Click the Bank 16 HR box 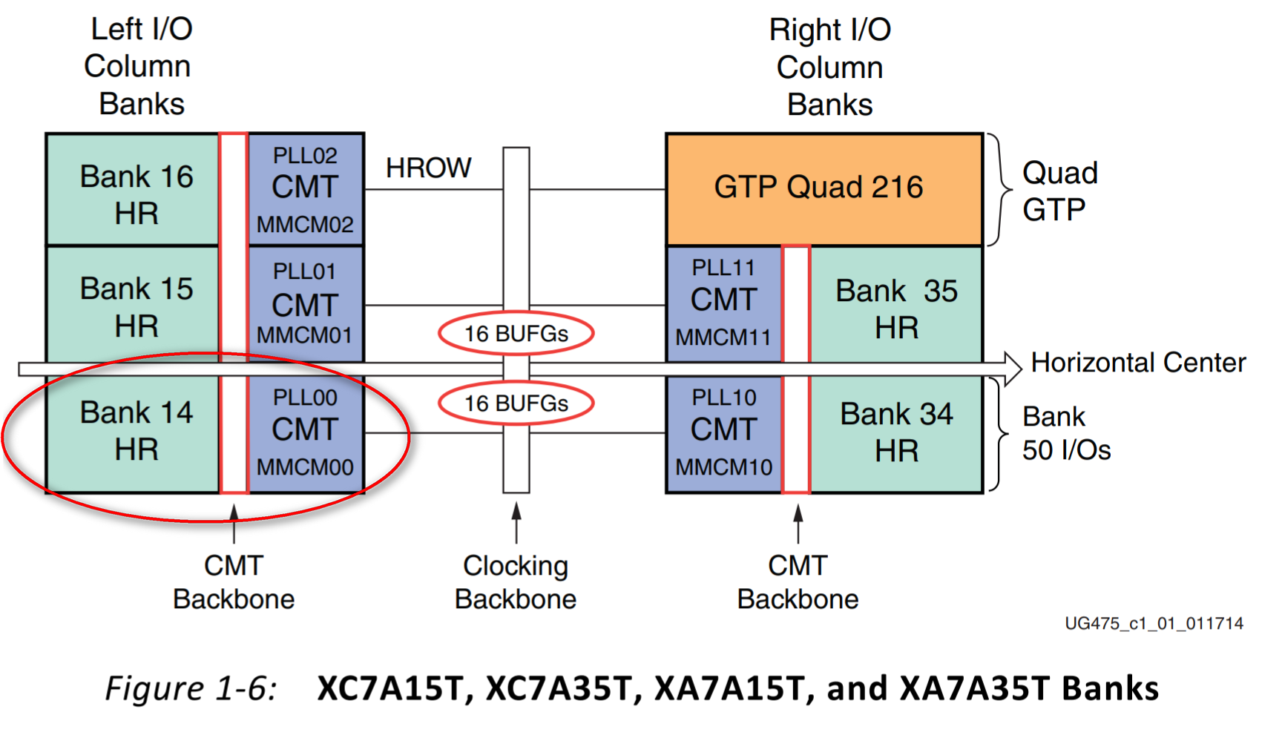pos(133,190)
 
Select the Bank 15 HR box pos(133,304)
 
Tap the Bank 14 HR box pos(133,434)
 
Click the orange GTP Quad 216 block pos(824,189)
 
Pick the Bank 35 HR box pos(896,305)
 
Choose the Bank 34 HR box pos(896,434)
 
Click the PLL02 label pos(305,156)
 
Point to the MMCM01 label pos(305,335)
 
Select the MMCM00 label pos(305,467)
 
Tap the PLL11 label pos(723,268)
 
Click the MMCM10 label pos(724,467)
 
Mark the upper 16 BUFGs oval pos(516,334)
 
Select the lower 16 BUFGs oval pos(516,403)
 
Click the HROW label pos(429,168)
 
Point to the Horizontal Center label pos(1139,363)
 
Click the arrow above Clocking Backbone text pos(516,523)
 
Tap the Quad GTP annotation pos(1060,191)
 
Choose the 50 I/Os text pos(1067,450)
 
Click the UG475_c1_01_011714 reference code pos(1154,624)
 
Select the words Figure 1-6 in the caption pos(191,688)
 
